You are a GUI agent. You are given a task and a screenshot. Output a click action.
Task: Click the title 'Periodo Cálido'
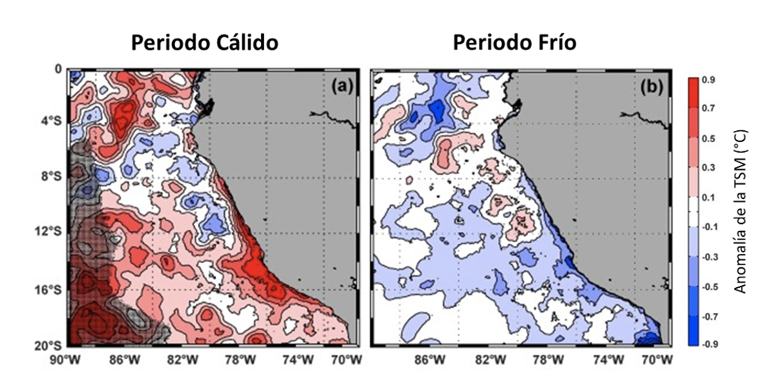[x=204, y=43]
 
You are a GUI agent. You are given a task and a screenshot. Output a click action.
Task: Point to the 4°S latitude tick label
[x=50, y=122]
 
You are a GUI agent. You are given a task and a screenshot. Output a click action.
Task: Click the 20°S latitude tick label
[x=48, y=345]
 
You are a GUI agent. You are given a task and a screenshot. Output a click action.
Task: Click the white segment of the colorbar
[x=696, y=212]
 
